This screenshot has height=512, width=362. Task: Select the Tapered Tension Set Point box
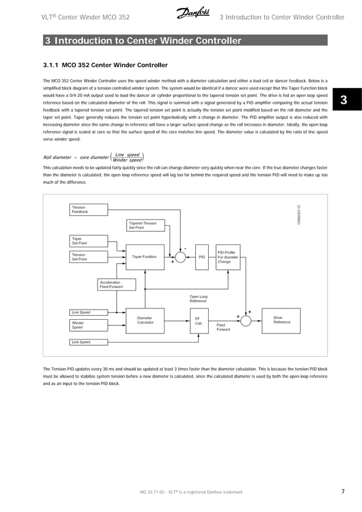pyautogui.click(x=146, y=226)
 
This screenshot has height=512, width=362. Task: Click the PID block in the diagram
pyautogui.click(x=201, y=257)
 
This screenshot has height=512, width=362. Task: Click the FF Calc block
pyautogui.click(x=199, y=321)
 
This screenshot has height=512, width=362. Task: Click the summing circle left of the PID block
pyautogui.click(x=180, y=257)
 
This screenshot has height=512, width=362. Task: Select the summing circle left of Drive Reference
pyautogui.click(x=245, y=321)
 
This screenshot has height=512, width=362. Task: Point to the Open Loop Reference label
pyautogui.click(x=198, y=299)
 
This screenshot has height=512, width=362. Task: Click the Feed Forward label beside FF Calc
pyautogui.click(x=223, y=327)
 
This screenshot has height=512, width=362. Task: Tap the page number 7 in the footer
pyautogui.click(x=343, y=492)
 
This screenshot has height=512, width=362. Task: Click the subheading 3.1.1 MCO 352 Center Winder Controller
pyautogui.click(x=105, y=65)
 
